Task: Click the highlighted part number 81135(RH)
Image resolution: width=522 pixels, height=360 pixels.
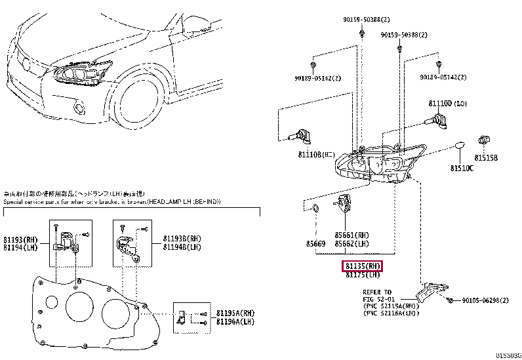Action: point(363,266)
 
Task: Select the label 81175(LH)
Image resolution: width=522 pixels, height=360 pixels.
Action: point(363,275)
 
